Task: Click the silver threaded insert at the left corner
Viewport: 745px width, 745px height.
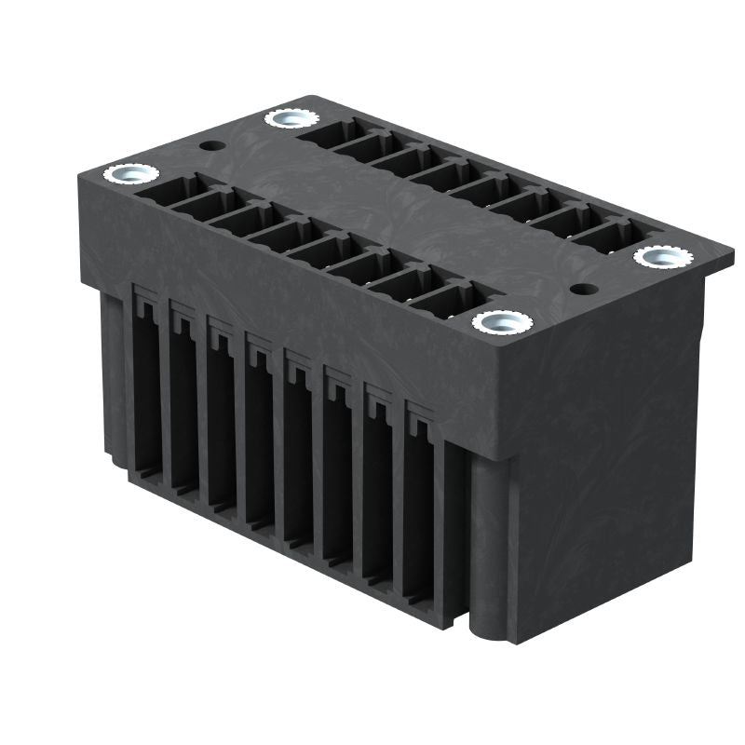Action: (125, 174)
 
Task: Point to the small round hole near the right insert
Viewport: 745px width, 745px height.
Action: (584, 288)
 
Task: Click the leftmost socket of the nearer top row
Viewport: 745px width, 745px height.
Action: (165, 192)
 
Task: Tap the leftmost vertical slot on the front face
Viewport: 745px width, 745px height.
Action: (146, 391)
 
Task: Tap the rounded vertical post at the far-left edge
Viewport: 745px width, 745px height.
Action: (110, 372)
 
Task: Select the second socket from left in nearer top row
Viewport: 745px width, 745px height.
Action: (203, 207)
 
